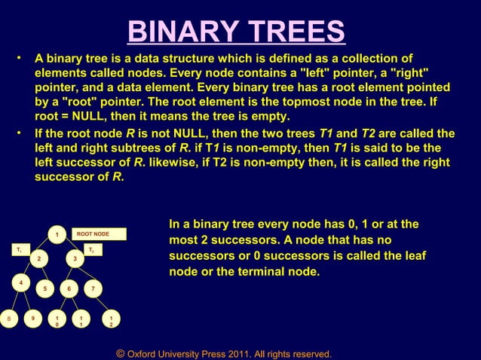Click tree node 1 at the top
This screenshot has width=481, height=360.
(56, 235)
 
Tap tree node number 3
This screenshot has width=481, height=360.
(74, 260)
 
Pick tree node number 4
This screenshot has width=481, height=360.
(20, 283)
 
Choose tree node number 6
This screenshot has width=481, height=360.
(69, 289)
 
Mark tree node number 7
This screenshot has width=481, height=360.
(93, 289)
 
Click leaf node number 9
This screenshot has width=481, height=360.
(32, 319)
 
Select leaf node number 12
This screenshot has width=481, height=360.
(110, 321)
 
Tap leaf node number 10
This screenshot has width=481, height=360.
(57, 321)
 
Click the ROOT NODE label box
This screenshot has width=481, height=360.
(98, 234)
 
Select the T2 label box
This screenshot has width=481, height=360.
(90, 249)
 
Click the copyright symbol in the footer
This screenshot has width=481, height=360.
(120, 353)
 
